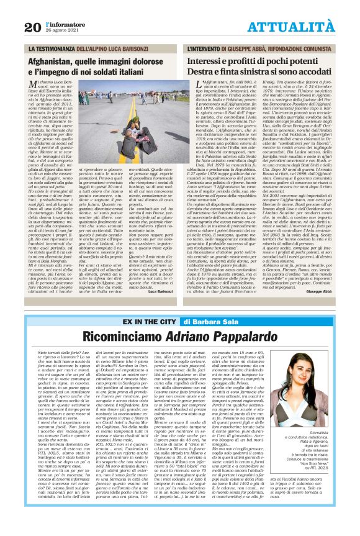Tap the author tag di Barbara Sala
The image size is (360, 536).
click(x=209, y=322)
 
